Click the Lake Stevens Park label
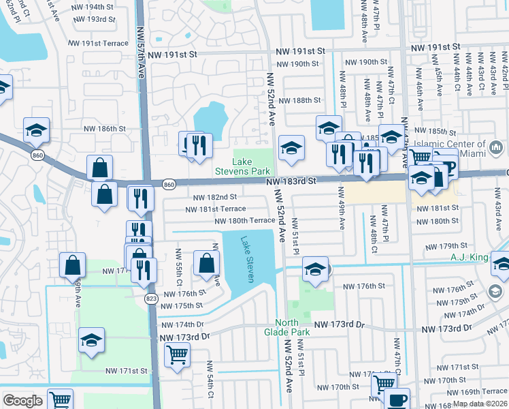tap(251, 166)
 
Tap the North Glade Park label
tap(292, 327)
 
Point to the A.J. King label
tap(470, 257)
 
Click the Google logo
tap(22, 401)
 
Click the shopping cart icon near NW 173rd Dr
tap(177, 354)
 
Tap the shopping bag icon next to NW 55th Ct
tap(206, 263)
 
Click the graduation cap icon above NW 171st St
tap(91, 341)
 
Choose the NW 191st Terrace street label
tap(98, 43)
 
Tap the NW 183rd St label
tap(292, 181)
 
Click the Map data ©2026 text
tap(480, 404)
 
